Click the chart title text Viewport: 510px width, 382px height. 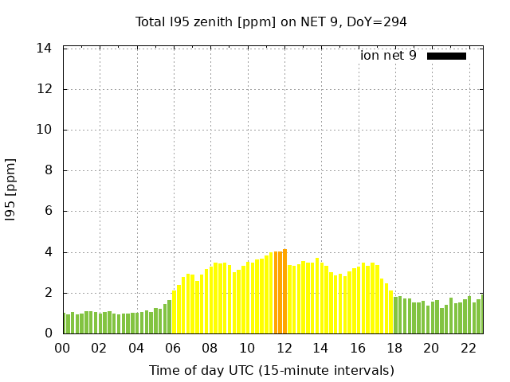click(x=271, y=22)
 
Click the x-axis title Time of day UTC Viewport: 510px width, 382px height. click(x=271, y=370)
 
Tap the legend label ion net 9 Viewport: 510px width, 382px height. click(x=388, y=56)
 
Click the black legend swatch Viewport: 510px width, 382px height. click(x=446, y=56)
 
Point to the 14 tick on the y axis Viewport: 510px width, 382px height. click(x=45, y=49)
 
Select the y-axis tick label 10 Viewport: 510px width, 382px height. click(x=45, y=130)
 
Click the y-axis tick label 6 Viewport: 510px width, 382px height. click(x=48, y=212)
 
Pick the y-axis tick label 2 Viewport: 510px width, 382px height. click(x=48, y=293)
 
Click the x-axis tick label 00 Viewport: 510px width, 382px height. click(x=62, y=348)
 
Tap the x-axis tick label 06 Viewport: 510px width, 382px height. click(x=173, y=348)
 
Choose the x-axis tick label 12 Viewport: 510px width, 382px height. click(x=284, y=348)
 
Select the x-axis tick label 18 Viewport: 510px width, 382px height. click(x=394, y=348)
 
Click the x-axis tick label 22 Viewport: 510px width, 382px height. click(x=468, y=348)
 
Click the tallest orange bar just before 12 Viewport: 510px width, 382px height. click(x=284, y=291)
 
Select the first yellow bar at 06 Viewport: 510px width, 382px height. click(x=175, y=312)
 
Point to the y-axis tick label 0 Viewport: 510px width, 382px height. click(x=48, y=333)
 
